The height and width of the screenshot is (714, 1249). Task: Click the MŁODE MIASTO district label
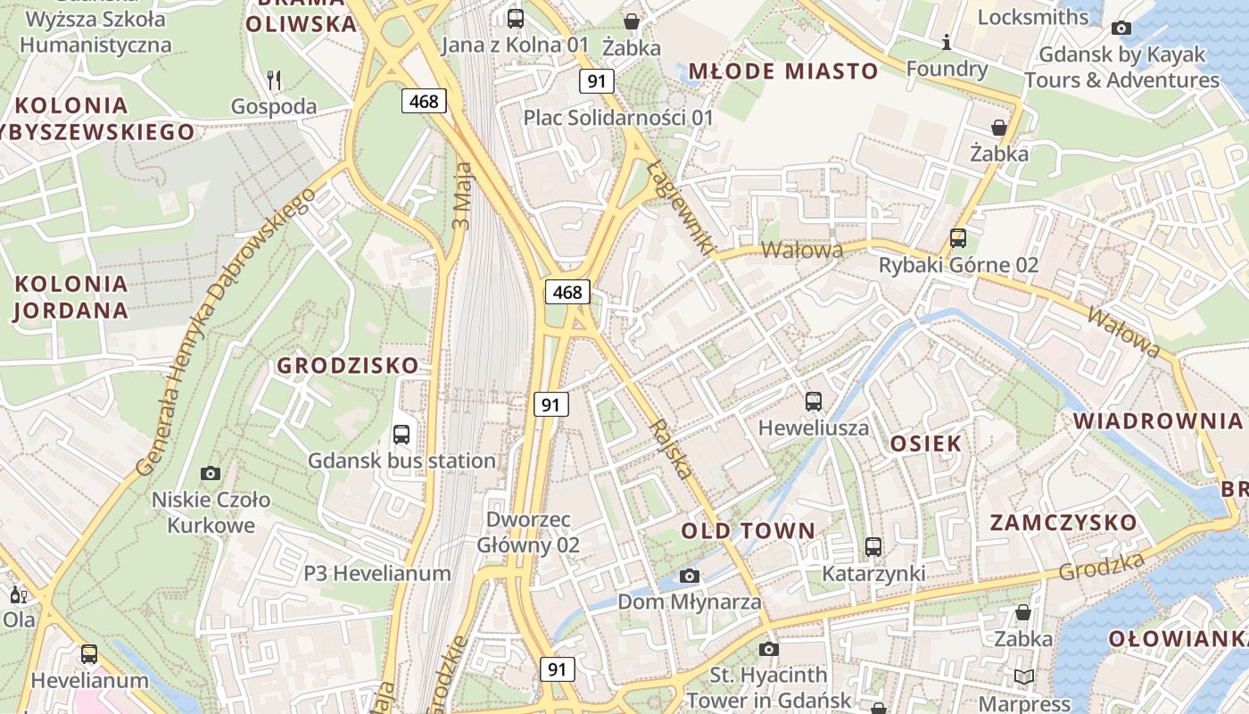pos(783,71)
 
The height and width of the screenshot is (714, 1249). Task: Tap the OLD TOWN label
pos(748,531)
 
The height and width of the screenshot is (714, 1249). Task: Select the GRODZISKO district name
pos(347,365)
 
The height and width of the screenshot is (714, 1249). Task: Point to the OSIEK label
pos(926,444)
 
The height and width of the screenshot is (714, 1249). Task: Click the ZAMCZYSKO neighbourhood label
pos(1063,523)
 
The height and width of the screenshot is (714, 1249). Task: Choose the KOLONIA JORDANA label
pos(71,297)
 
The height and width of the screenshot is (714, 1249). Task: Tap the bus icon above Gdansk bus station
pos(401,435)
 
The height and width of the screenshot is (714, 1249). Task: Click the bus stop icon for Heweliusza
pos(813,402)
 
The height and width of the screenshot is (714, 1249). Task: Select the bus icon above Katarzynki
pos(873,547)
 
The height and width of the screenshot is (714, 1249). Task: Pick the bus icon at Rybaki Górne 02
pos(957,238)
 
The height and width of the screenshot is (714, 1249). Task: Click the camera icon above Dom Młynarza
pos(690,576)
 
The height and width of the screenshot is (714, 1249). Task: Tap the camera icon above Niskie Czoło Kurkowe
pos(211,473)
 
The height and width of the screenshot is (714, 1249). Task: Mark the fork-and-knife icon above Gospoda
pos(274,80)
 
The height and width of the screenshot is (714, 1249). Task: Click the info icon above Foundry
pos(947,42)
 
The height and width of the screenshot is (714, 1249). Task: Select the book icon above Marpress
pos(1024,677)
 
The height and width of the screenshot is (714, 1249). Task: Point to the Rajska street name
pos(673,448)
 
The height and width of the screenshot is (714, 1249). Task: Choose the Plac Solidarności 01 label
pos(618,118)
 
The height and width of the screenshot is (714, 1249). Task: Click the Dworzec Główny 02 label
pos(528,532)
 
